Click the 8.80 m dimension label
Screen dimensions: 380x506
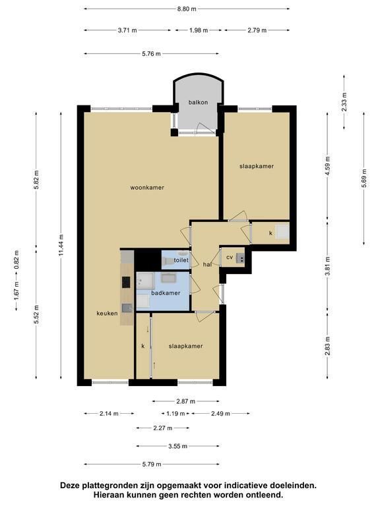187,9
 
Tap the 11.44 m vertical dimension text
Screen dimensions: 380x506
61,245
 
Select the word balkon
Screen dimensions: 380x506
198,102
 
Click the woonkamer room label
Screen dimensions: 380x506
147,188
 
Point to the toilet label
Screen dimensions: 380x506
181,260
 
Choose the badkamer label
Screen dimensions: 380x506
166,293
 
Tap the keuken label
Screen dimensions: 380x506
107,314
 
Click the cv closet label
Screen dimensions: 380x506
230,257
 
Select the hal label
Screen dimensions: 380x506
207,265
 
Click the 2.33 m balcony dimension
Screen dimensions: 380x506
344,102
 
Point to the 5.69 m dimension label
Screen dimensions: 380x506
364,178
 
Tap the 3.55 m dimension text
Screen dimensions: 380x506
177,446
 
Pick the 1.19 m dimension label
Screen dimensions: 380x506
175,413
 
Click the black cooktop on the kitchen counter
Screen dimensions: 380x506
126,283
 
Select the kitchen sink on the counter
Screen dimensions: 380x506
127,308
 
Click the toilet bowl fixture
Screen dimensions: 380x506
170,261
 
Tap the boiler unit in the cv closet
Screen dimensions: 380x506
240,258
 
